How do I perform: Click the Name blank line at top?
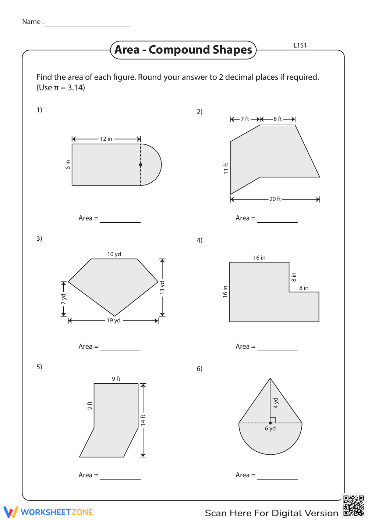pos(88,25)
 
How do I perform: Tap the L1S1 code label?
pos(300,46)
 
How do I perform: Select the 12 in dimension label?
pos(106,139)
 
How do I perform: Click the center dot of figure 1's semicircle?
pos(141,165)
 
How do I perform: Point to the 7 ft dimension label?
pos(245,119)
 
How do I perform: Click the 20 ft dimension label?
pos(275,199)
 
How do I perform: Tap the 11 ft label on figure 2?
pos(226,168)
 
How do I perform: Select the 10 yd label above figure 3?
pos(114,254)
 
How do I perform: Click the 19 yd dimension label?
pos(114,320)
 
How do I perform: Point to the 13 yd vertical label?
pos(162,287)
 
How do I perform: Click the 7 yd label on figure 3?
pos(64,299)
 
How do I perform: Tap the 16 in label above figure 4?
pos(259,258)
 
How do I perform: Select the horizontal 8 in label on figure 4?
pos(304,288)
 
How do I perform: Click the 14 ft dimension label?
pos(143,420)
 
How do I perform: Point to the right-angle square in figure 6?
pos(273,420)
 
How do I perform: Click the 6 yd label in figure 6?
pos(270,428)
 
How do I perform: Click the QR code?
pos(354,506)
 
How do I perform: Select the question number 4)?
pos(199,240)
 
